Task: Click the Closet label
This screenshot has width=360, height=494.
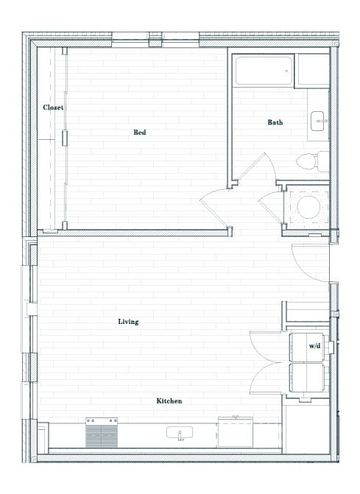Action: pos(52,107)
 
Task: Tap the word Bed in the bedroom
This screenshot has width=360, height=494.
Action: pos(139,133)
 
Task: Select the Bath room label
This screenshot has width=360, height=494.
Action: pos(275,122)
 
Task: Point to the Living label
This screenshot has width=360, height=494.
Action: pos(128,322)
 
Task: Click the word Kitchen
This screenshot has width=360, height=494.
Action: pos(169,401)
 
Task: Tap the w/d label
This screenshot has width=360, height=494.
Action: pos(314,345)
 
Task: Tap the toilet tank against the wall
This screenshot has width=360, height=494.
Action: pos(322,161)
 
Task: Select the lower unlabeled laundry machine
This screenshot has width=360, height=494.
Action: pos(309,378)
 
